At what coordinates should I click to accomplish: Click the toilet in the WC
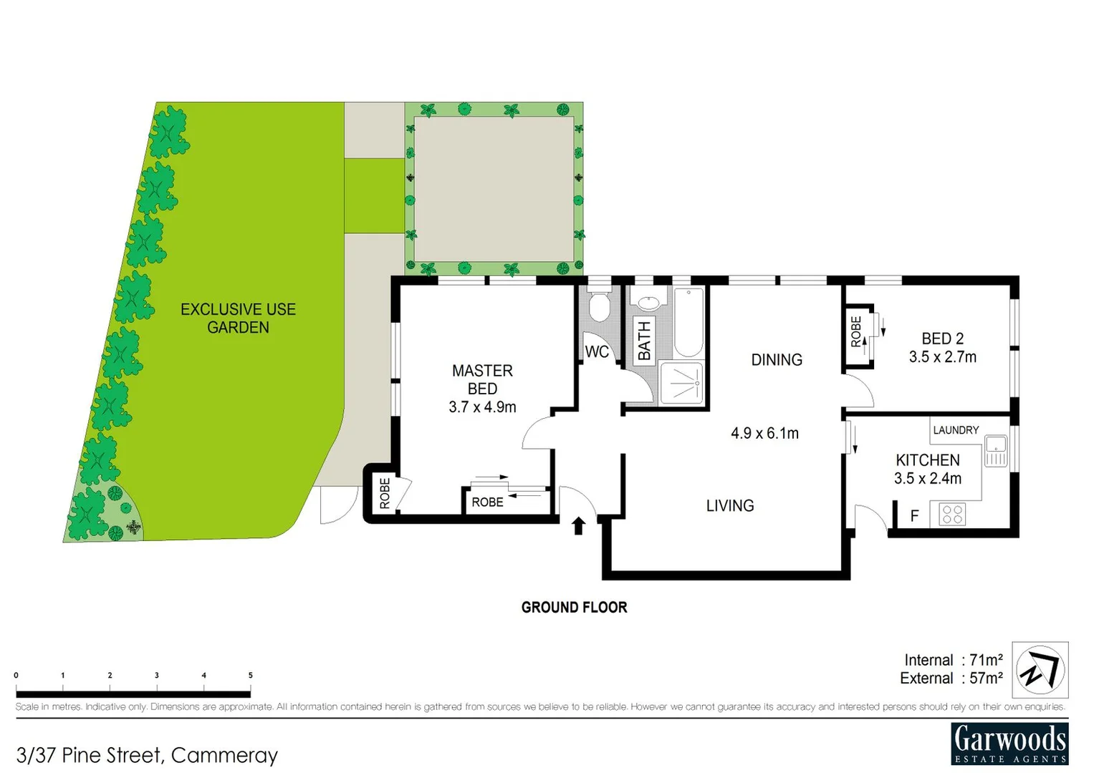click(x=598, y=307)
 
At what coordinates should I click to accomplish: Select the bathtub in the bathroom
click(x=688, y=322)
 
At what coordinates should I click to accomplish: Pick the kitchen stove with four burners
click(x=952, y=514)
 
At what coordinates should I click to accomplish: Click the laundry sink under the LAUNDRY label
click(x=996, y=450)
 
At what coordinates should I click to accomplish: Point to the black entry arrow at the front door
click(x=578, y=526)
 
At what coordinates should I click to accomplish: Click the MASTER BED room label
click(x=482, y=379)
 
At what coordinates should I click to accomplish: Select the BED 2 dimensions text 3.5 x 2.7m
click(x=942, y=357)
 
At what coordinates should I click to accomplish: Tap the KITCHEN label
click(x=928, y=460)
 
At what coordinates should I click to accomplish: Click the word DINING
click(x=777, y=360)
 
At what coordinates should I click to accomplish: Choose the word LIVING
click(x=730, y=506)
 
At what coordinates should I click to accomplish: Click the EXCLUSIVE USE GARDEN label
click(x=238, y=319)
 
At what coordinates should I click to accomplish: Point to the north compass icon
click(x=1040, y=670)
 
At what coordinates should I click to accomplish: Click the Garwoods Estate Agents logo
click(x=1009, y=744)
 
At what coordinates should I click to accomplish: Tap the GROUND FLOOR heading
click(x=574, y=608)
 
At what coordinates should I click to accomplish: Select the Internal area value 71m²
click(x=986, y=660)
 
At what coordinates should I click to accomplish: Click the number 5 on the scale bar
click(x=250, y=675)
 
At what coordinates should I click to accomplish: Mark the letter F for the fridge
click(x=914, y=515)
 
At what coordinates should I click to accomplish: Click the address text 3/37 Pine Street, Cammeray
click(x=147, y=755)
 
